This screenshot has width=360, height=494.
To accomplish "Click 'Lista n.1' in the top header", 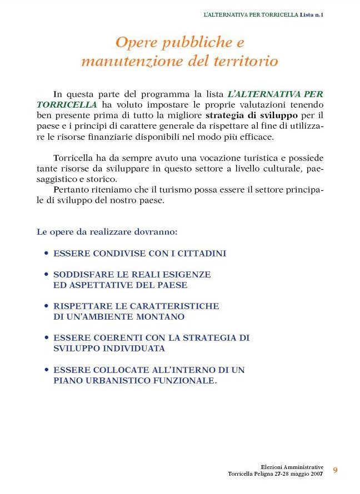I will [312, 14].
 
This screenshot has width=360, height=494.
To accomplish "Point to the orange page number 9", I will [335, 470].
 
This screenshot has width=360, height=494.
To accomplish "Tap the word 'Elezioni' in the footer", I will [273, 467].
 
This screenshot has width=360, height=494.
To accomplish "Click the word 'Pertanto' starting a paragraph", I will [70, 190].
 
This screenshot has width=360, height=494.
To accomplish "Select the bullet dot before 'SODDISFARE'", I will [46, 275].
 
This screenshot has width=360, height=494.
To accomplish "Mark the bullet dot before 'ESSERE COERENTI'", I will [46, 338].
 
